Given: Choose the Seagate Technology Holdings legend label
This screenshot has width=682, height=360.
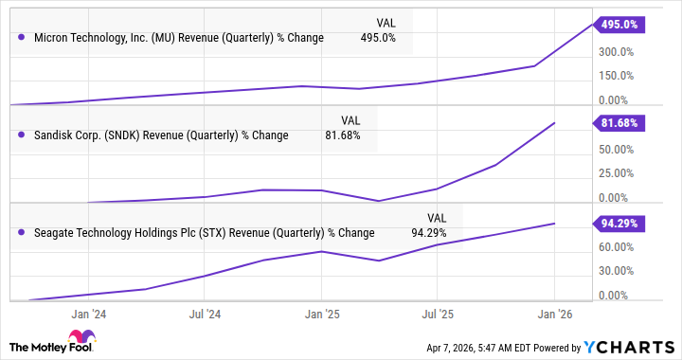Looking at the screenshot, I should coord(203,233).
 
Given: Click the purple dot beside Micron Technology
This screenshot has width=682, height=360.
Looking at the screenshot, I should coord(21,38).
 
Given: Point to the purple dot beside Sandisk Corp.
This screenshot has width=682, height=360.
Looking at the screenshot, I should coord(21,135).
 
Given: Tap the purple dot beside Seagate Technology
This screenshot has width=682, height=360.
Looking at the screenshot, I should coord(21,233).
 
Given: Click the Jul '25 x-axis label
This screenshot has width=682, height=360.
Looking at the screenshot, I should coord(438,312).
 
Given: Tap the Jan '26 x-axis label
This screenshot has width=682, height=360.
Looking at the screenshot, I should coord(554,312).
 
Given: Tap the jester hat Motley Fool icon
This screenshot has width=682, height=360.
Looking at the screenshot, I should coord(77,339).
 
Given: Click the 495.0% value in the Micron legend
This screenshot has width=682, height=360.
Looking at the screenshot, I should coord(379,38).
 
